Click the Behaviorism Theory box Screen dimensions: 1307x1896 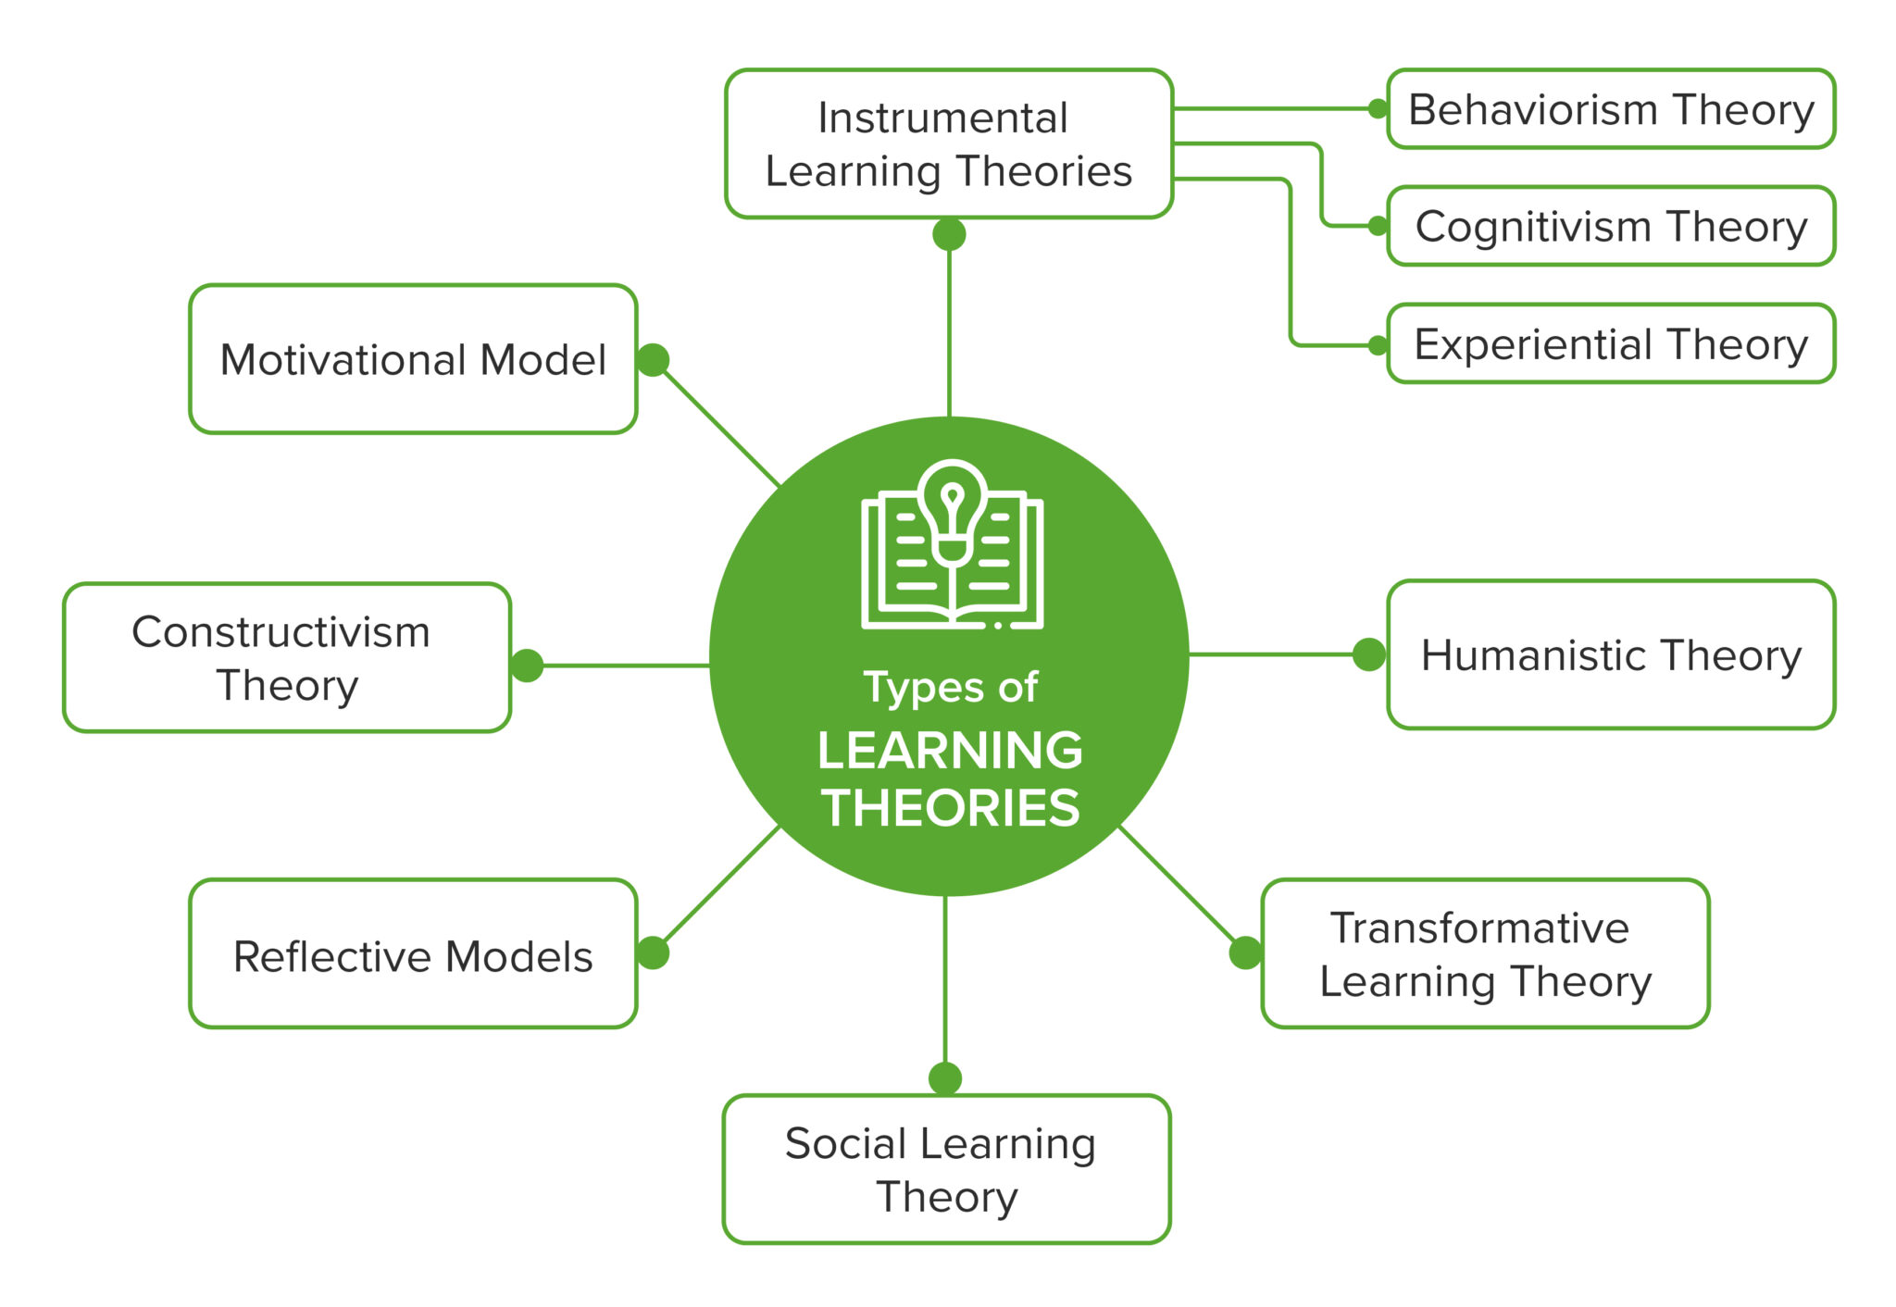1611,109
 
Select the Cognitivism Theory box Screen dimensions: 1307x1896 1611,227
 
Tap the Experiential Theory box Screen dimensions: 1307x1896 1611,344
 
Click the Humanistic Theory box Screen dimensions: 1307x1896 1611,655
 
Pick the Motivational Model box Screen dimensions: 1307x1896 413,359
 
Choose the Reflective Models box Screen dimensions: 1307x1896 413,955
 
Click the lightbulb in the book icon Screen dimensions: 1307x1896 953,509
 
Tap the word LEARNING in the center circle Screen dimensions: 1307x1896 950,750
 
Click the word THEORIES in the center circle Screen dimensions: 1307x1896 950,807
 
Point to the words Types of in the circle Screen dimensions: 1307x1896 950,688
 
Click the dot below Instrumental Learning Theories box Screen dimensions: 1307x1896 949,234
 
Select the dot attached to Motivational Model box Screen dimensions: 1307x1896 653,360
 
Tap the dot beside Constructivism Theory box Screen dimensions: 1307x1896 527,666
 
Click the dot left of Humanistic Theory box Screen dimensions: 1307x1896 1368,654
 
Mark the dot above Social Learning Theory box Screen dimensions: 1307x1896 945,1078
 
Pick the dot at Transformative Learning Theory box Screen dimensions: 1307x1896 1245,952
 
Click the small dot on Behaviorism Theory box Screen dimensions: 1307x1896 1378,109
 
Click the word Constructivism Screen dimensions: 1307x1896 281,633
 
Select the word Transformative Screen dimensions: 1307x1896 1479,928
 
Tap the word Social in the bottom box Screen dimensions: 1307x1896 845,1144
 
